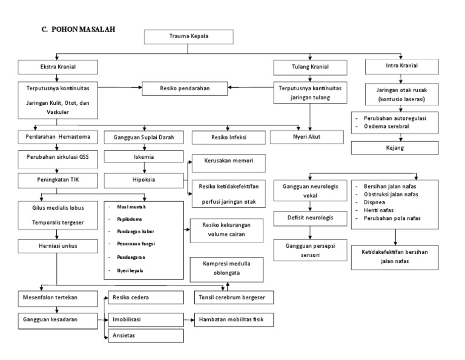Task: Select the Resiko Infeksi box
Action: click(228, 138)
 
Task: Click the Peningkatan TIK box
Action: click(56, 180)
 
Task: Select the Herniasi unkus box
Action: click(56, 245)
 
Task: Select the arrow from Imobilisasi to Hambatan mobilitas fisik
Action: click(189, 318)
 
